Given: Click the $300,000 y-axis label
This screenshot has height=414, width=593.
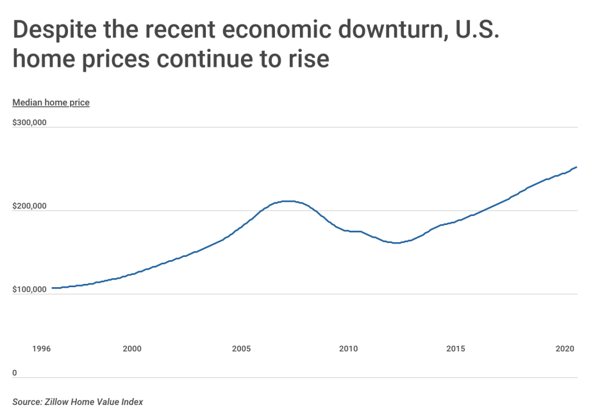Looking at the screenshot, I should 29,122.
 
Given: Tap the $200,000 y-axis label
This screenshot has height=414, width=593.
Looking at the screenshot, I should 29,206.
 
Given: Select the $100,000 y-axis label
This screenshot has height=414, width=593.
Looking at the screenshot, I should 29,290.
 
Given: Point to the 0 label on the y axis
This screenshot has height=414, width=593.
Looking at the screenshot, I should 15,373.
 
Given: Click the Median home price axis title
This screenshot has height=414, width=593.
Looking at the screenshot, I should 51,103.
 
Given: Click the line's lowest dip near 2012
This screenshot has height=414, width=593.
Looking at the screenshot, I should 396,243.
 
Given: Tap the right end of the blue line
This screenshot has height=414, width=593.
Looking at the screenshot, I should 577,167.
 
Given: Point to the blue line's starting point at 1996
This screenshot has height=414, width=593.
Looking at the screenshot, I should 52,288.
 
